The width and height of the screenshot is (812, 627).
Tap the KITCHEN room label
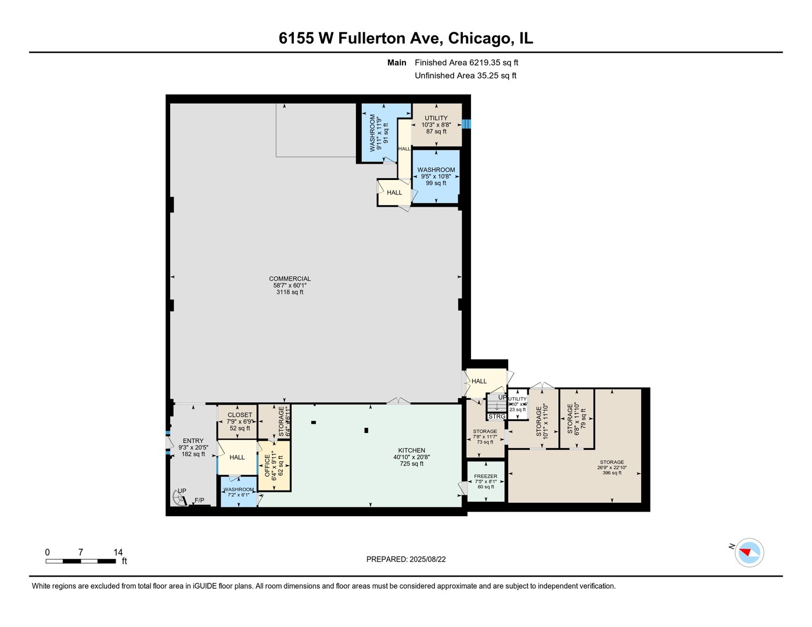tap(411, 451)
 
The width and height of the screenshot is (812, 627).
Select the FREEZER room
tap(486, 481)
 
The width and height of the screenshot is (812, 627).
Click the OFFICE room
tap(274, 466)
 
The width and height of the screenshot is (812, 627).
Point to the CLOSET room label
tap(240, 415)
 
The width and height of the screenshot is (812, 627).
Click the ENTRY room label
tap(193, 441)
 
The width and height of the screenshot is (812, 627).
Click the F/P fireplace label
tap(199, 500)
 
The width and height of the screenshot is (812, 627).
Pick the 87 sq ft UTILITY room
tap(436, 124)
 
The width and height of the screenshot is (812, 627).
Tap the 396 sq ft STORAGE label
tap(612, 463)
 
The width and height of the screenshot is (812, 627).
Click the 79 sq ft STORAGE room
tap(576, 419)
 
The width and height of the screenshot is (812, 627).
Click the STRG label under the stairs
tap(497, 417)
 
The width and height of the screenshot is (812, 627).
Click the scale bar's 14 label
tap(118, 553)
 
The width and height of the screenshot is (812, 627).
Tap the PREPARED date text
tap(406, 560)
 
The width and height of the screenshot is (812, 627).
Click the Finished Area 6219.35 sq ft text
tap(466, 63)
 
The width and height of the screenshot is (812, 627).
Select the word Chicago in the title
tap(480, 38)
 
